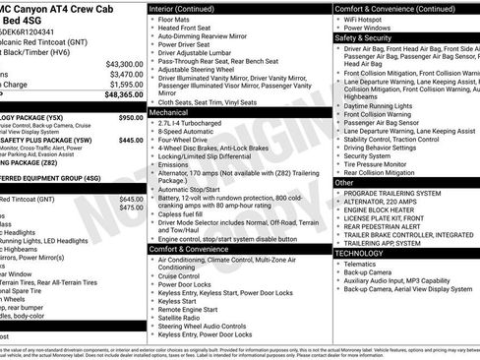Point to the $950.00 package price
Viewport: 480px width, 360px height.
[x=130, y=117]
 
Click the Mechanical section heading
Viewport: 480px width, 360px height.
[x=168, y=113]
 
